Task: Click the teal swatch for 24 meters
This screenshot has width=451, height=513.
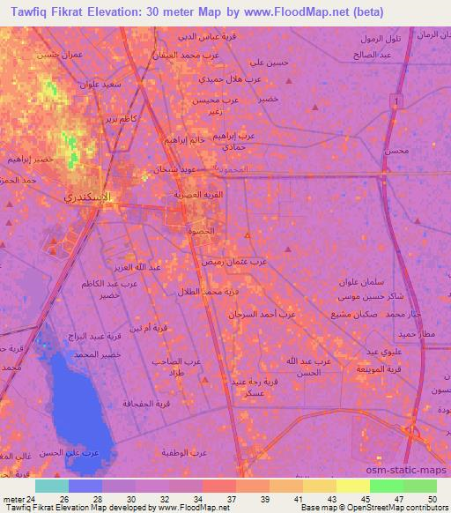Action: (52, 486)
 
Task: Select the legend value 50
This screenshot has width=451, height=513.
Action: (431, 499)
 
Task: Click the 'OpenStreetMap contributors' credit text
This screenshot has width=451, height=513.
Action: (402, 509)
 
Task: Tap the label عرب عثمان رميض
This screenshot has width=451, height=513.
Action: (272, 262)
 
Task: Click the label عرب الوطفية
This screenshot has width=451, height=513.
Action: (184, 452)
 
